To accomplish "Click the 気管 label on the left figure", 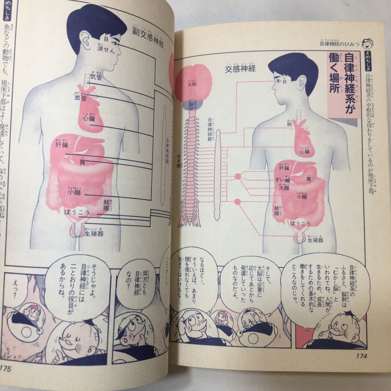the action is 96,77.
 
